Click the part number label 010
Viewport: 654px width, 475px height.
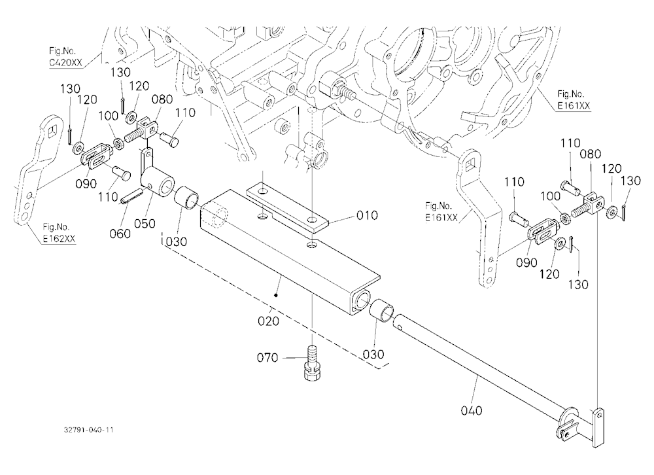tap(367, 215)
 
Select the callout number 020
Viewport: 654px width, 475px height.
tap(268, 321)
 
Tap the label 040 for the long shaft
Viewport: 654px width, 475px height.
tap(472, 411)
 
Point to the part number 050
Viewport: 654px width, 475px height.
tap(145, 223)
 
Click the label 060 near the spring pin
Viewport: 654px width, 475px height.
tap(120, 234)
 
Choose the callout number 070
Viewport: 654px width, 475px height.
tap(267, 358)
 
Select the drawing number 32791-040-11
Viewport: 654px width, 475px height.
tap(89, 429)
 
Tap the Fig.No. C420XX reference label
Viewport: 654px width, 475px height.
tap(65, 57)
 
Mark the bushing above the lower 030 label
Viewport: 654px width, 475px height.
tap(382, 310)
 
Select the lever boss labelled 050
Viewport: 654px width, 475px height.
tap(158, 184)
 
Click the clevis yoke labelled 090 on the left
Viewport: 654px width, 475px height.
tap(96, 154)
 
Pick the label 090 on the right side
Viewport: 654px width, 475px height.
tap(526, 262)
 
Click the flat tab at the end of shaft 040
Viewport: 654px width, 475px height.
tap(598, 428)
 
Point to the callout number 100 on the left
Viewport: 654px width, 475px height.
tap(109, 116)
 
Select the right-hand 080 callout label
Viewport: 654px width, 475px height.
tap(590, 154)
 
